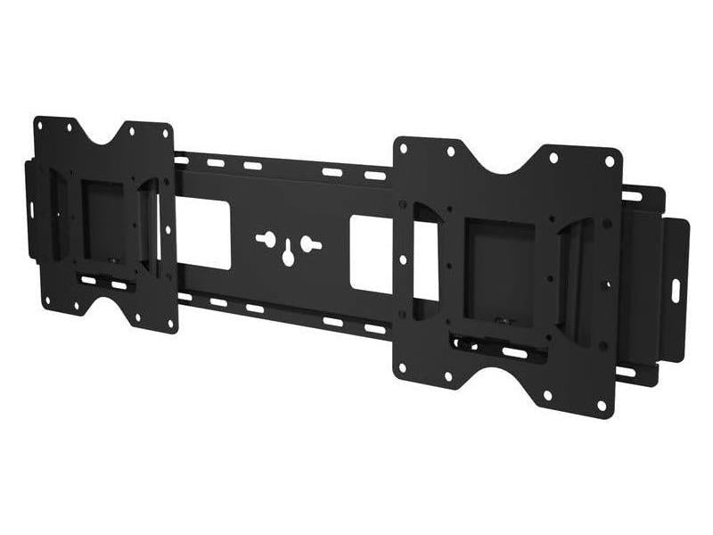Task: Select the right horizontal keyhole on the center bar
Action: point(308,241)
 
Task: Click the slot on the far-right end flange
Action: point(675,290)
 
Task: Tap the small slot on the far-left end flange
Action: point(30,210)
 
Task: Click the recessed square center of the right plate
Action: point(498,267)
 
